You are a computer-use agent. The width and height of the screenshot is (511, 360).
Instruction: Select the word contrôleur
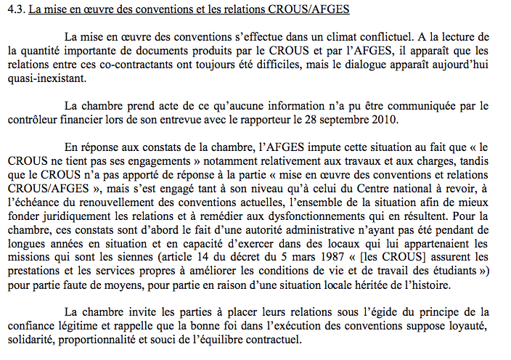[x=33, y=120]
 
